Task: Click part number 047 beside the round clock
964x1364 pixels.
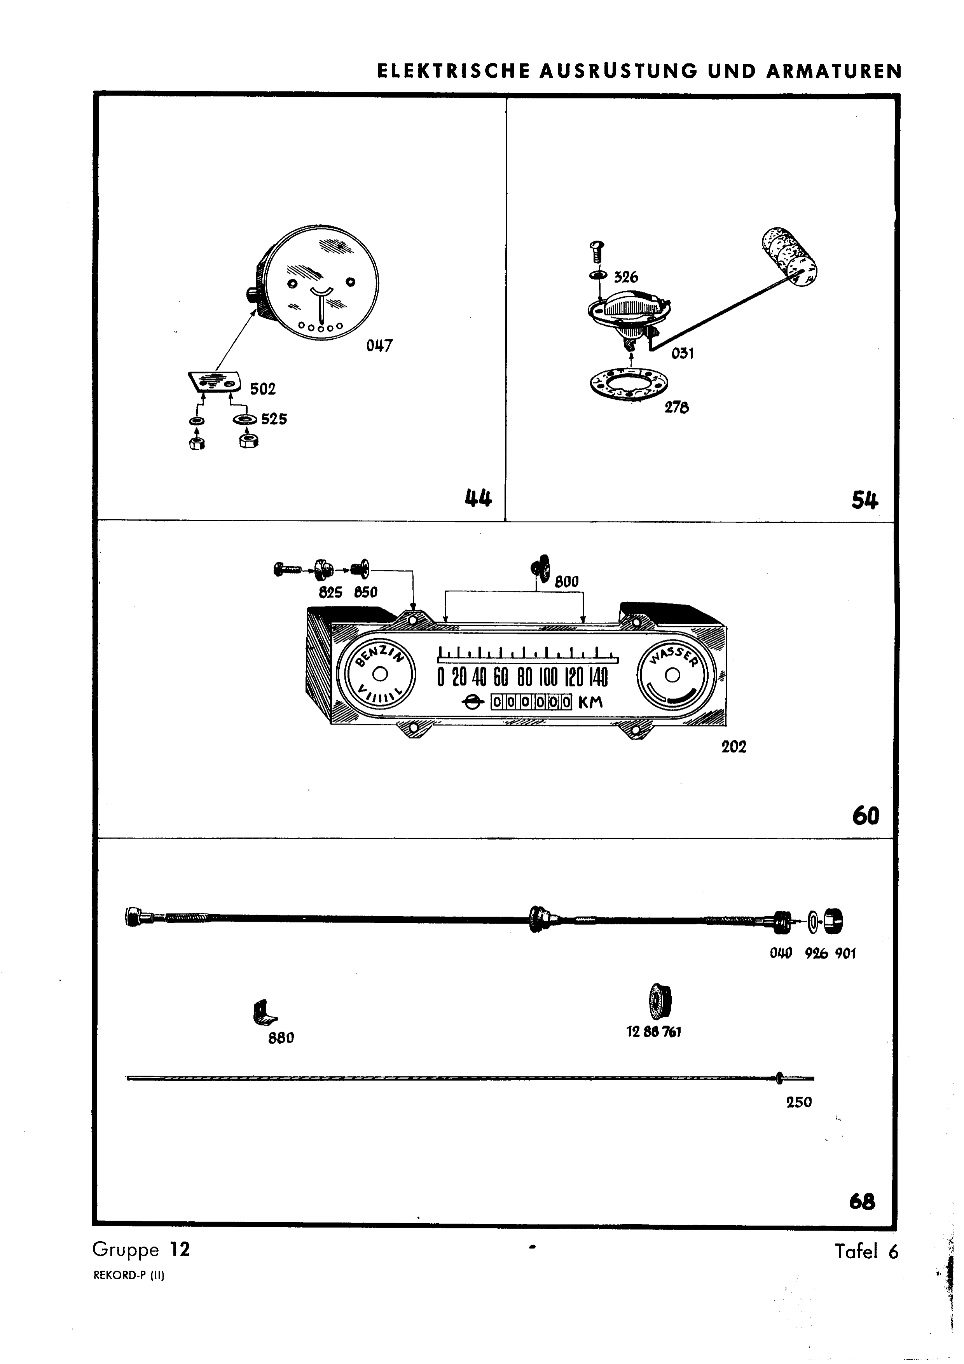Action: pyautogui.click(x=379, y=346)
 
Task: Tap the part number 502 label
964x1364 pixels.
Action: pyautogui.click(x=262, y=389)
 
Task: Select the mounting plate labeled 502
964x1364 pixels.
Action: pyautogui.click(x=215, y=382)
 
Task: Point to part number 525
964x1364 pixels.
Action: pyautogui.click(x=274, y=419)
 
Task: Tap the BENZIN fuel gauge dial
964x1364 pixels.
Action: pyautogui.click(x=380, y=675)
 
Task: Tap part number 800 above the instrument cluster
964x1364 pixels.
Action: pyautogui.click(x=567, y=582)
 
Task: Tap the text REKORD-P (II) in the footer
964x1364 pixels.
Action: pyautogui.click(x=129, y=1275)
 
